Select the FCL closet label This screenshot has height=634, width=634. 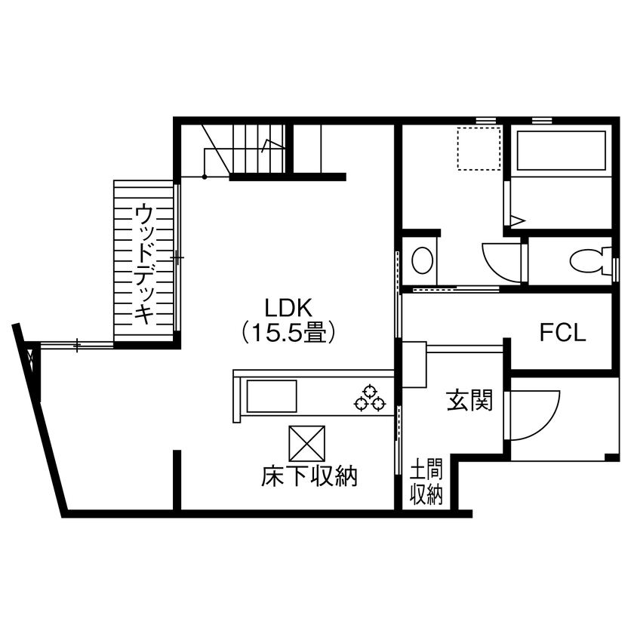[x=562, y=333]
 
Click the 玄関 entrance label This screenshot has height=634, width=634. [x=469, y=400]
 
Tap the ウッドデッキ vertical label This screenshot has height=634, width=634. [x=143, y=263]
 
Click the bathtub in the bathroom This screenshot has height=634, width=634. [x=561, y=151]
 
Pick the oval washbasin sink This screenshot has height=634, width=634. [x=423, y=261]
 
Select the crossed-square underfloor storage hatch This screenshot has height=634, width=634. [x=307, y=442]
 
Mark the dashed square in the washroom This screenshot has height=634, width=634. [x=479, y=149]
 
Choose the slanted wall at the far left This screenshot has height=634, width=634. [x=42, y=423]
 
